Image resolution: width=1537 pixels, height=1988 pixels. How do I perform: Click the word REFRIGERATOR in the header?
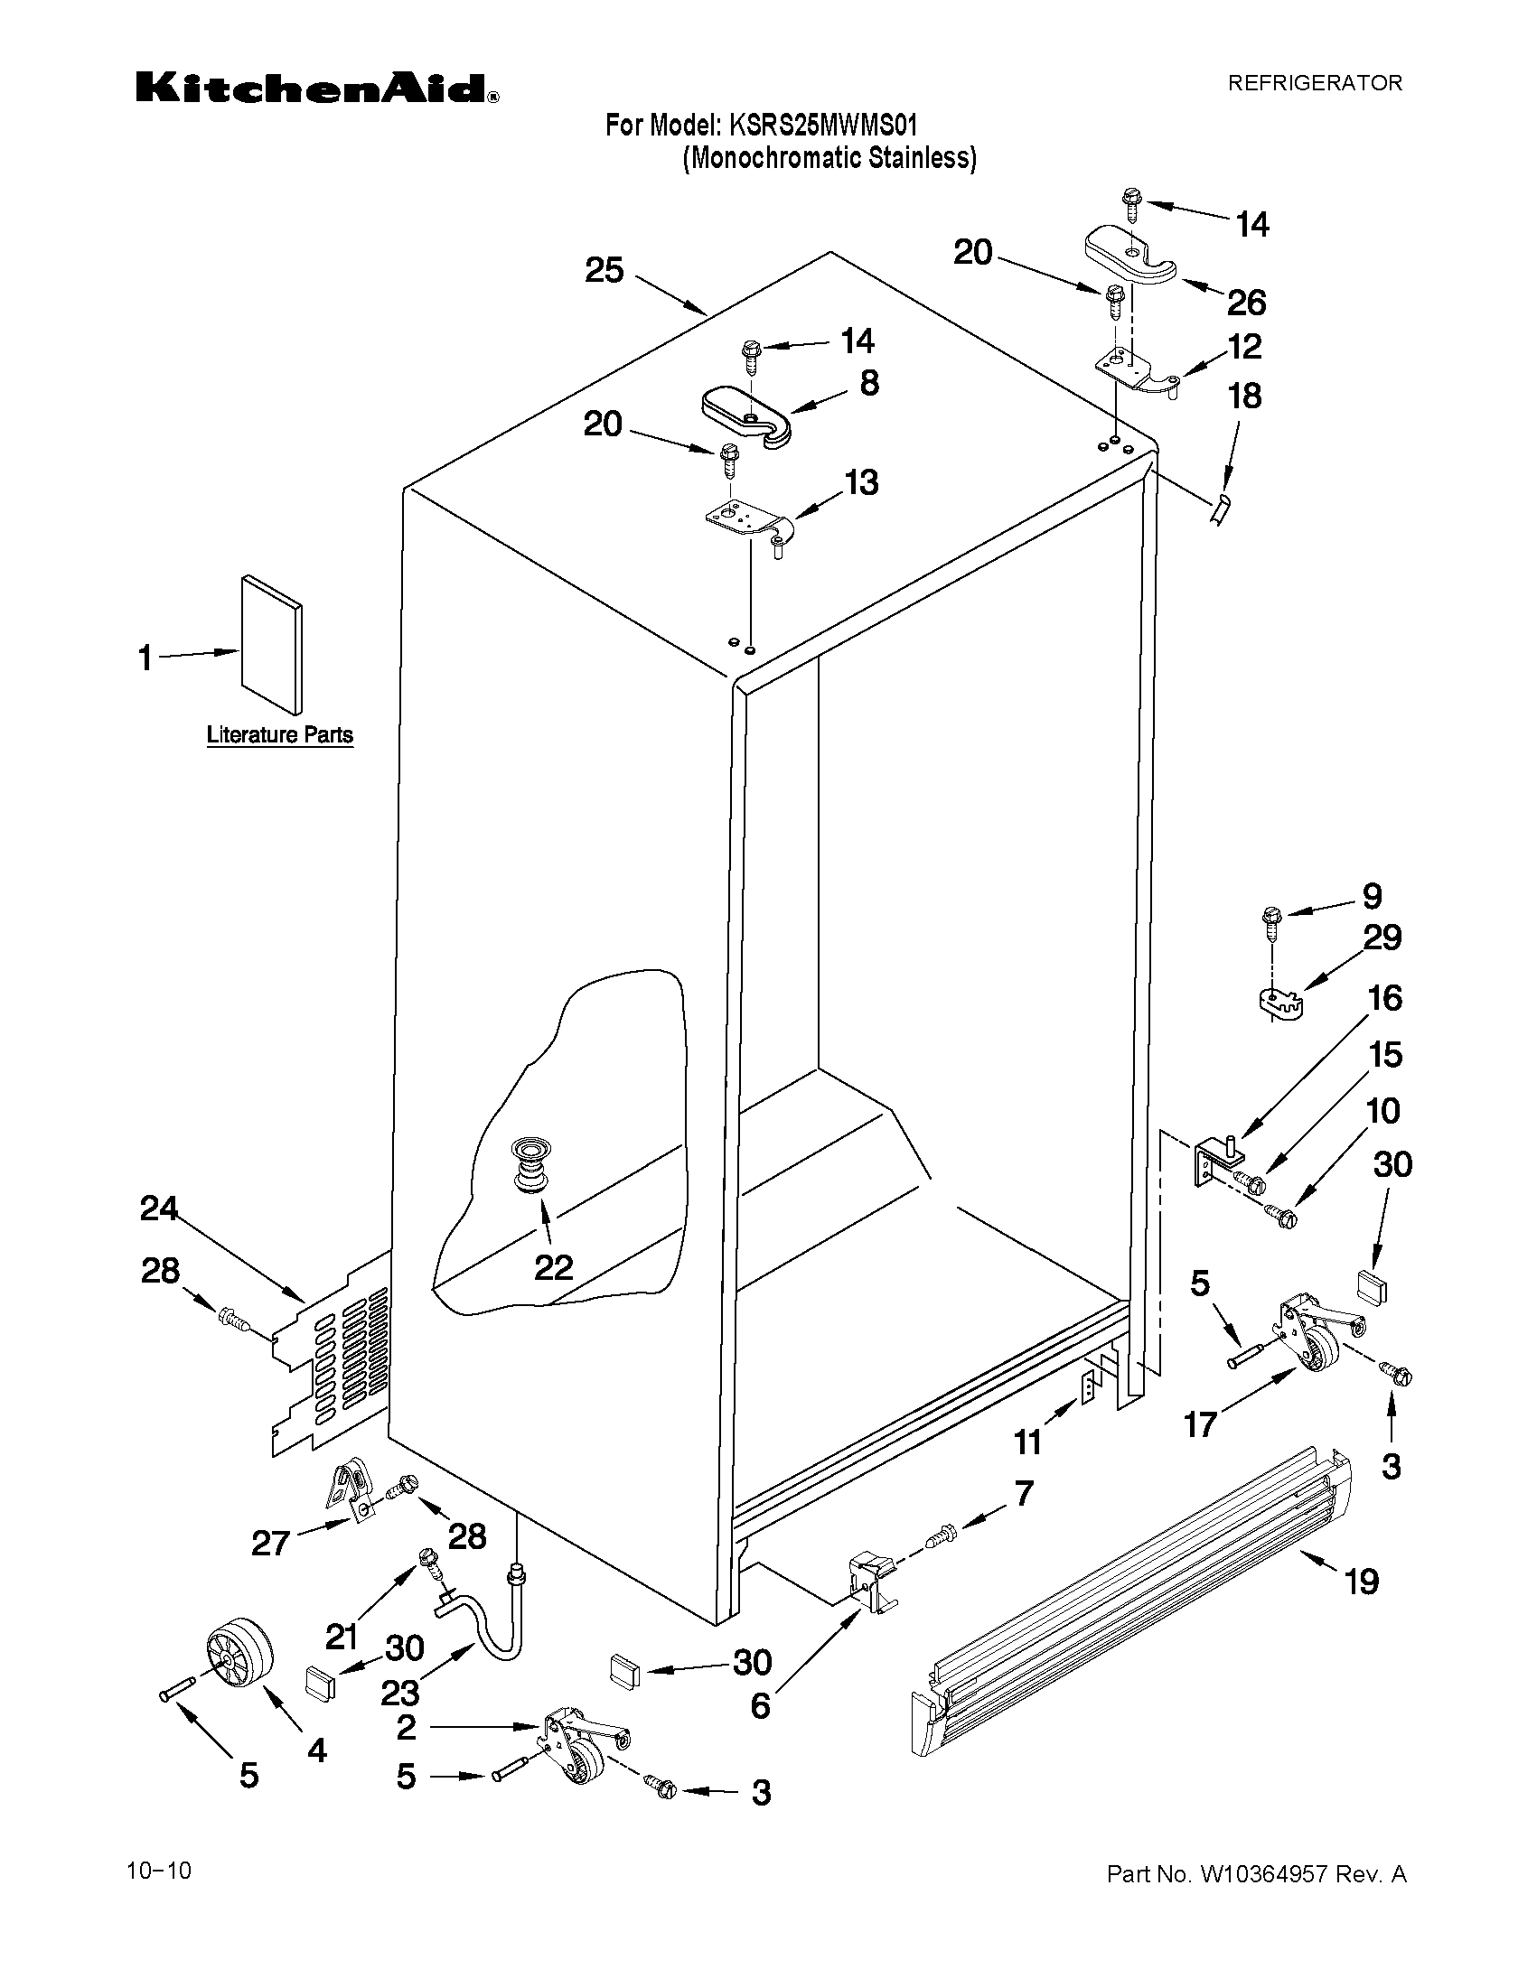tap(1315, 83)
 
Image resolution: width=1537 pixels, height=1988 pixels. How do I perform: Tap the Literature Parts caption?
tap(279, 734)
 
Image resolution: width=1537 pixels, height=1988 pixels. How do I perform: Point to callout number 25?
tap(604, 270)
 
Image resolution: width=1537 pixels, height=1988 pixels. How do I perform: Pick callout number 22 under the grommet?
tap(553, 1266)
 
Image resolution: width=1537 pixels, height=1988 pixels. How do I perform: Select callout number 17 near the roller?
tap(1200, 1423)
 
